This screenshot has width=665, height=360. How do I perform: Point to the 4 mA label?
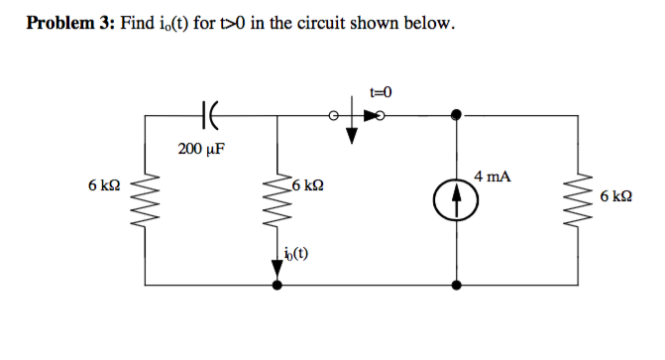493,177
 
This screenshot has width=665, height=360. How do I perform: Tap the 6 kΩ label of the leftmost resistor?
104,185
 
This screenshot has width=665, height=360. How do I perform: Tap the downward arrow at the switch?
350,132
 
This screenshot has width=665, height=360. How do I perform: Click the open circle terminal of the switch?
335,116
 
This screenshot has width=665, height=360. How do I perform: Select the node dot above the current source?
456,116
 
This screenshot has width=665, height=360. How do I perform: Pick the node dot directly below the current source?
456,286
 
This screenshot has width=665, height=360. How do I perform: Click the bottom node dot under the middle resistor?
277,286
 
